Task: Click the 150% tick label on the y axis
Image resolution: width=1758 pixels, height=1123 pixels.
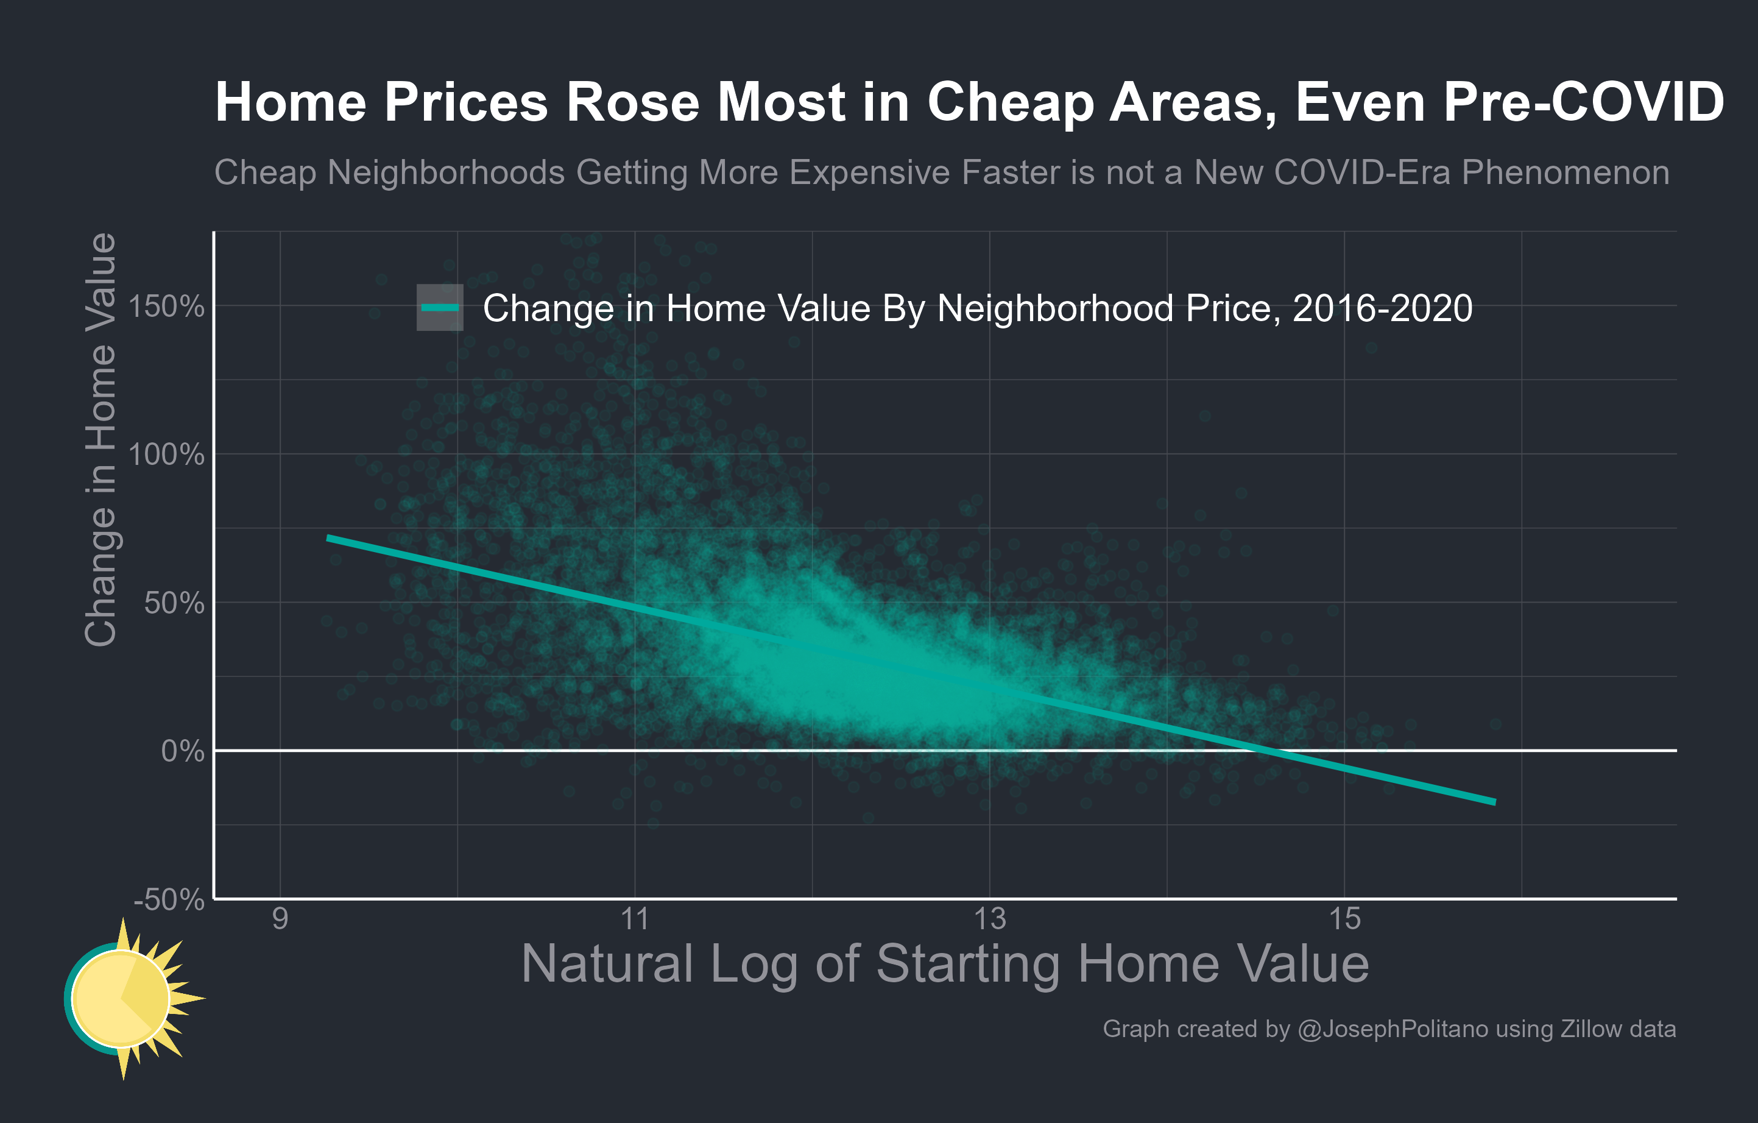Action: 166,306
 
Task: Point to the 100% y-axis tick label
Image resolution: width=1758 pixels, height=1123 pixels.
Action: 166,455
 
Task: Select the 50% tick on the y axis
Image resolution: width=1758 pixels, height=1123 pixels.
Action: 174,603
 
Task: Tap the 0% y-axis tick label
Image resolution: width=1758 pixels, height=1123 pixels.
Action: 183,751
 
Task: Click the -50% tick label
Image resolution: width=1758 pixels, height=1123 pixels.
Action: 169,899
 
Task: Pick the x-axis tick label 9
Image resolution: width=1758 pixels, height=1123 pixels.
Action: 280,918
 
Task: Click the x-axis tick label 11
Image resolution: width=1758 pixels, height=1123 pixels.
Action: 635,918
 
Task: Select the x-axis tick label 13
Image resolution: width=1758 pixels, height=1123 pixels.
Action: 989,918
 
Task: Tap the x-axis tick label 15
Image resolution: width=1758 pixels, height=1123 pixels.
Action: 1344,918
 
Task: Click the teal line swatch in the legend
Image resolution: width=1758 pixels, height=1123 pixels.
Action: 440,307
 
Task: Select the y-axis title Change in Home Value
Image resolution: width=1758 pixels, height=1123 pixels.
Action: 101,439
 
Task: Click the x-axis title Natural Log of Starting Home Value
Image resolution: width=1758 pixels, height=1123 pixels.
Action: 945,964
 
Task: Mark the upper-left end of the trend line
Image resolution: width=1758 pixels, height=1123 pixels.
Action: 328,537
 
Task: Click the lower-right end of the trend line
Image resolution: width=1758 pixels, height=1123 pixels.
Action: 1494,802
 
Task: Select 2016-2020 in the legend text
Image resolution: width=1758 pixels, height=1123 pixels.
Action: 1382,308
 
